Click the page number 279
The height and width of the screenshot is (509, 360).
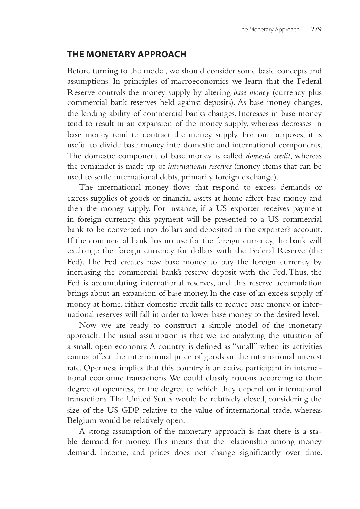point(316,29)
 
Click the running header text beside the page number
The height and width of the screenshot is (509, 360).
point(269,30)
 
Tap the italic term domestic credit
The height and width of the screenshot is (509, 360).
point(268,156)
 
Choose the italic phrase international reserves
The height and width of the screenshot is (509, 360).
point(200,166)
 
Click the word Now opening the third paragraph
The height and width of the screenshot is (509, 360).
point(88,325)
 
